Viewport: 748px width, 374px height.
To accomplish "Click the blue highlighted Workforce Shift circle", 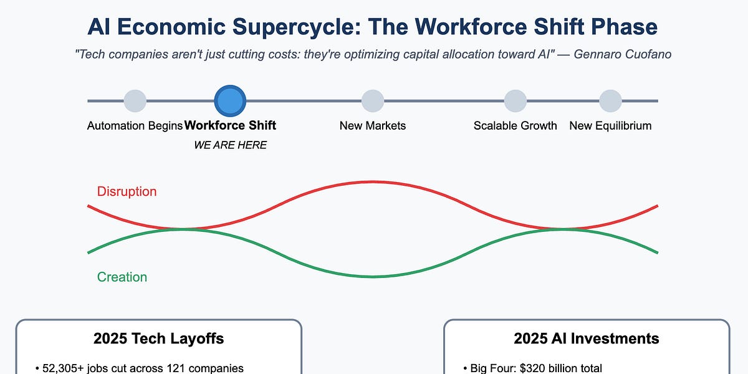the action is click(230, 101).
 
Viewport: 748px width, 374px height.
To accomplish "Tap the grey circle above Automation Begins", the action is click(135, 101).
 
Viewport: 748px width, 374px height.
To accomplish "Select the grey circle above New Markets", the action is click(373, 101).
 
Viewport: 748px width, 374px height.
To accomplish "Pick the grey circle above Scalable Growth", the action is click(515, 101).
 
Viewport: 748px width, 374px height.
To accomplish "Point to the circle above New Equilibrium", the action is click(610, 101).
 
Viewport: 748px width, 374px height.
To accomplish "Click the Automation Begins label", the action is click(135, 126).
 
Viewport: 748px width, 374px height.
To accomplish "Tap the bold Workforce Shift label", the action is click(230, 125).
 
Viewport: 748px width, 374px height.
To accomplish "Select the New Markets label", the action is click(373, 126).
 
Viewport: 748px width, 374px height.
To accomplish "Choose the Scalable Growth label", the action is click(515, 126).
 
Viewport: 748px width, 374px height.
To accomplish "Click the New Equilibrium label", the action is click(610, 126).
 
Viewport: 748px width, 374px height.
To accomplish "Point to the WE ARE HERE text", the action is click(230, 145).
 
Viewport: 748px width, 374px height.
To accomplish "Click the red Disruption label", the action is click(127, 192).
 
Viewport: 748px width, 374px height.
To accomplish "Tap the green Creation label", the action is click(122, 277).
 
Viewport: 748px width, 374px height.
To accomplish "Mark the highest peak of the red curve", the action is click(373, 182).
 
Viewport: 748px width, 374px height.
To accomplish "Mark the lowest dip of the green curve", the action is click(373, 277).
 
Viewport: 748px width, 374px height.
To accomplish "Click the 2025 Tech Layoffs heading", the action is click(158, 338).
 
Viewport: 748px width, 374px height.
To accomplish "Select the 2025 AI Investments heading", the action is click(587, 338).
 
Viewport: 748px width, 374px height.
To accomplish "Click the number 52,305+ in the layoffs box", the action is click(63, 368).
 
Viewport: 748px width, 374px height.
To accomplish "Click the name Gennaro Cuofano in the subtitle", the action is click(623, 54).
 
